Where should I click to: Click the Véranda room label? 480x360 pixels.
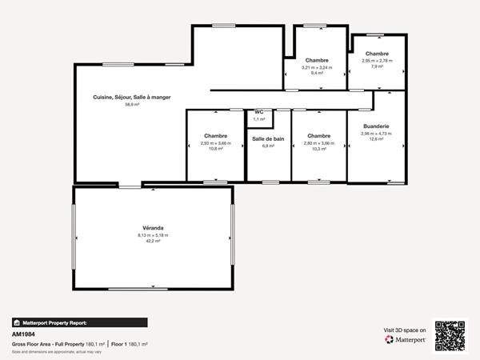152,229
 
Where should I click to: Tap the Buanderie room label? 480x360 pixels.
375,126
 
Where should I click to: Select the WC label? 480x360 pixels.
258,112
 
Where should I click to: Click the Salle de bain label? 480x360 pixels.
268,138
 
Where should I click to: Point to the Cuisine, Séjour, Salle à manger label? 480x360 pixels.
132,97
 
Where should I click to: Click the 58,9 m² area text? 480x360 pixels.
132,105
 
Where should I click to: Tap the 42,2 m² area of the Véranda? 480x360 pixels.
152,242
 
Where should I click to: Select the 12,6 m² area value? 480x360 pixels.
375,139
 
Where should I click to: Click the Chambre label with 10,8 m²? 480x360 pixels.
215,135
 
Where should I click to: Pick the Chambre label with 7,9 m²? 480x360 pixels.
377,54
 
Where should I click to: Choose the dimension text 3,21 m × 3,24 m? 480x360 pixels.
317,67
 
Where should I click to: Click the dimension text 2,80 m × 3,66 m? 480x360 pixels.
318,142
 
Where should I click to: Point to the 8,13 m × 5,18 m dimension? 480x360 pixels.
152,236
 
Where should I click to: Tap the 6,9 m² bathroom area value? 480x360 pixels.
268,146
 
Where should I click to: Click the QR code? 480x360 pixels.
450,335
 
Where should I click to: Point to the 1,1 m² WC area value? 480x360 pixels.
258,119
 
